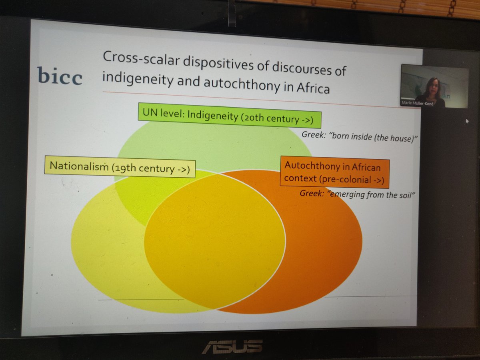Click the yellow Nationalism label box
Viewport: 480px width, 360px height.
(120, 167)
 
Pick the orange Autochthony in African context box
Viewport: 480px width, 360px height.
(334, 172)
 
